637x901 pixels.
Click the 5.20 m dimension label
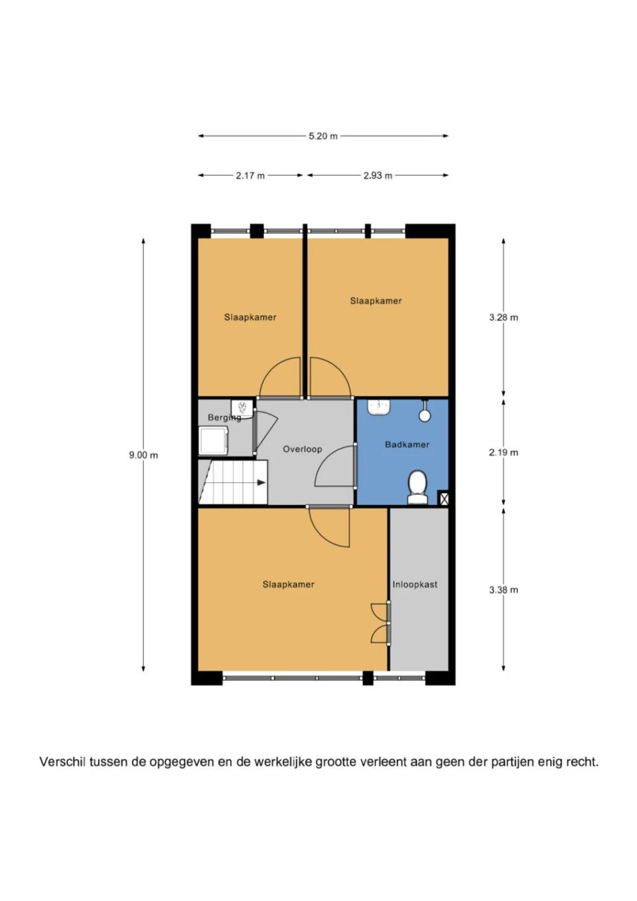pos(323,136)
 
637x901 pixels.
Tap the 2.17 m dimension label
pos(250,175)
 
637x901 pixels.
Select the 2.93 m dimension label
pos(378,175)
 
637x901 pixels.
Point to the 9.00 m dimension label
pos(143,455)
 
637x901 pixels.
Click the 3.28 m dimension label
pos(504,317)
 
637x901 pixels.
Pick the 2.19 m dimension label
pos(504,452)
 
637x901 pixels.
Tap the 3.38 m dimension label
pos(504,590)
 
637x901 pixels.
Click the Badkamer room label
pos(407,445)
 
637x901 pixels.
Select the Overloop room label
pos(303,449)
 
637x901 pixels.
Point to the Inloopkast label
pos(415,584)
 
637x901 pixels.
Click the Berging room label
pos(224,418)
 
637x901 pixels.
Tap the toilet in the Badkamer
pos(417,488)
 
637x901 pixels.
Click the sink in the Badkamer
pos(379,407)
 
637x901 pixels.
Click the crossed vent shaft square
pos(443,499)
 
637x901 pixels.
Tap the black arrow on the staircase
pos(261,482)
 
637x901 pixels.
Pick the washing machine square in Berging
pos(214,441)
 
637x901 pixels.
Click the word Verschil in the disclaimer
pos(63,762)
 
